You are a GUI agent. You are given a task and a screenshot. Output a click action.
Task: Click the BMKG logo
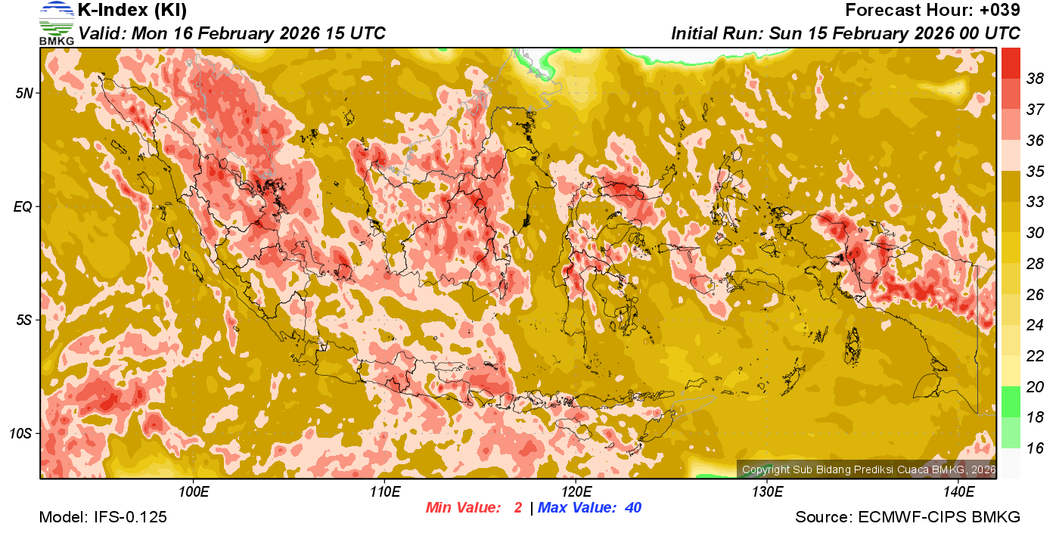coord(57,23)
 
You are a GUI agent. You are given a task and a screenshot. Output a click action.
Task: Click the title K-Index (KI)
coord(132,11)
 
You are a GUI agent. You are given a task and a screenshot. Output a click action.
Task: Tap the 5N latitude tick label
coord(24,93)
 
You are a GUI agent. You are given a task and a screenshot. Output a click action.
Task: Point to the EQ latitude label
coord(23,206)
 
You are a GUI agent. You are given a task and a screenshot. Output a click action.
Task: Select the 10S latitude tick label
coord(21,433)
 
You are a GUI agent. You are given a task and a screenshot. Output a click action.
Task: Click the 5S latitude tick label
coord(24,320)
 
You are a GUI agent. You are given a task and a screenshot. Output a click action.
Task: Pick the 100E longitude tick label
coord(194,491)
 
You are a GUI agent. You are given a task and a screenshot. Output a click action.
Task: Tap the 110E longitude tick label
coord(385,491)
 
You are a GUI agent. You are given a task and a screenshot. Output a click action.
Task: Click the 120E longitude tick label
coord(576,491)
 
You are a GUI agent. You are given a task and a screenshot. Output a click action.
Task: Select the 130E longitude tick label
coord(767,491)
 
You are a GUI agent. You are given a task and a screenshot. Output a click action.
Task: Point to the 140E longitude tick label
coord(958,491)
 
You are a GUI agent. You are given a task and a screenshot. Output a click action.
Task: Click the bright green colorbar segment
coord(1011,401)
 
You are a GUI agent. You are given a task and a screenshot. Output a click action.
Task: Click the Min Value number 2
coord(517,507)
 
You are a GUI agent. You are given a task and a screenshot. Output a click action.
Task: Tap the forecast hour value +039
coord(1000,11)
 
